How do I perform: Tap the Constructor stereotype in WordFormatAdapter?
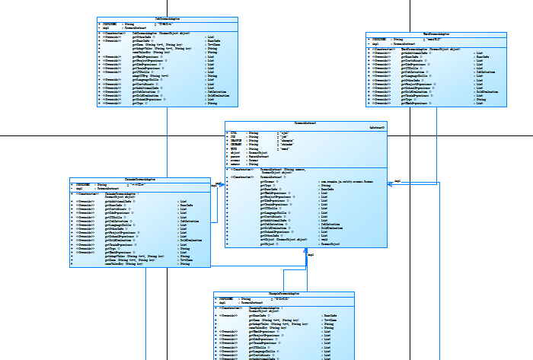tap(384, 48)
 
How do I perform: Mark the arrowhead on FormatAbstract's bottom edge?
tap(305, 251)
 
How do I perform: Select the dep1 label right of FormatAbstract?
tap(397, 180)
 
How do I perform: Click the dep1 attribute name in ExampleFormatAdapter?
tap(222, 303)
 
